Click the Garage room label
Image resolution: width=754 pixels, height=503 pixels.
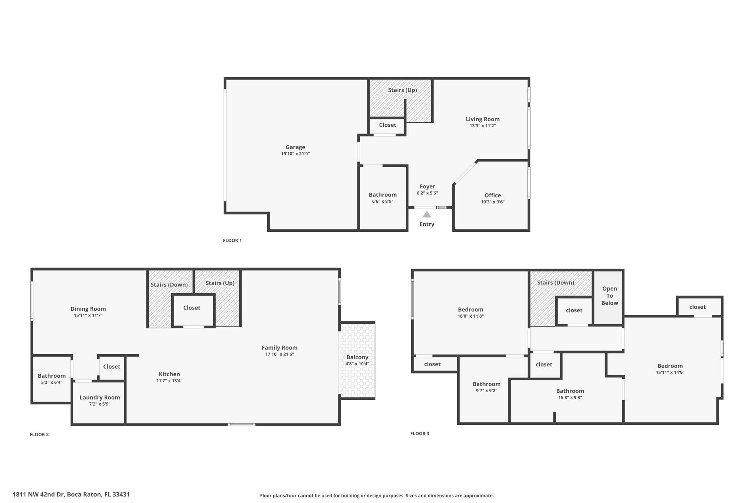295,147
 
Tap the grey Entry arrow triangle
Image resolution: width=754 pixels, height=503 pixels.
427,214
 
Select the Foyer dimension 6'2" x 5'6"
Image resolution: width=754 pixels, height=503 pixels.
427,193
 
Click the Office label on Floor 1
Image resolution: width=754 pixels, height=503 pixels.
493,195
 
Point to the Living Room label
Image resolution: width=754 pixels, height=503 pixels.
482,119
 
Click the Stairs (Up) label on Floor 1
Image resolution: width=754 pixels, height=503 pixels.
402,90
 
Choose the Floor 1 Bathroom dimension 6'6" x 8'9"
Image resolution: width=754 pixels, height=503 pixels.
383,201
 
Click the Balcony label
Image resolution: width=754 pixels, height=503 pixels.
357,357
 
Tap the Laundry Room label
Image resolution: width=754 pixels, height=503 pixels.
100,397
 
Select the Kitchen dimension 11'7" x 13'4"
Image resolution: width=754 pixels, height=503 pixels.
169,381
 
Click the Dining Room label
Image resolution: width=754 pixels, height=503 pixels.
88,309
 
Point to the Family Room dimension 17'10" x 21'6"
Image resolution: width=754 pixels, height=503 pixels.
279,354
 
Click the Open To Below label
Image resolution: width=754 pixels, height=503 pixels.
609,296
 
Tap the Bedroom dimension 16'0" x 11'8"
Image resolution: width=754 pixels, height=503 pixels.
471,316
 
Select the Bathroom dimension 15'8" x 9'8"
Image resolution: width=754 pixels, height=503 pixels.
570,397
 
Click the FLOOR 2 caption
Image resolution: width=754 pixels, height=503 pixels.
39,434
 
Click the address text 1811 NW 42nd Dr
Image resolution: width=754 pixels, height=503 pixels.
39,495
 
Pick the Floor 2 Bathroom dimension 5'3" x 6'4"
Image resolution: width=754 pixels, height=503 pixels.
52,382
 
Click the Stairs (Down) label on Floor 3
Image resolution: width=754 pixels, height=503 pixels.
555,283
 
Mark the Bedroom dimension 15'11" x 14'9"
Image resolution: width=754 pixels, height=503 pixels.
670,372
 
